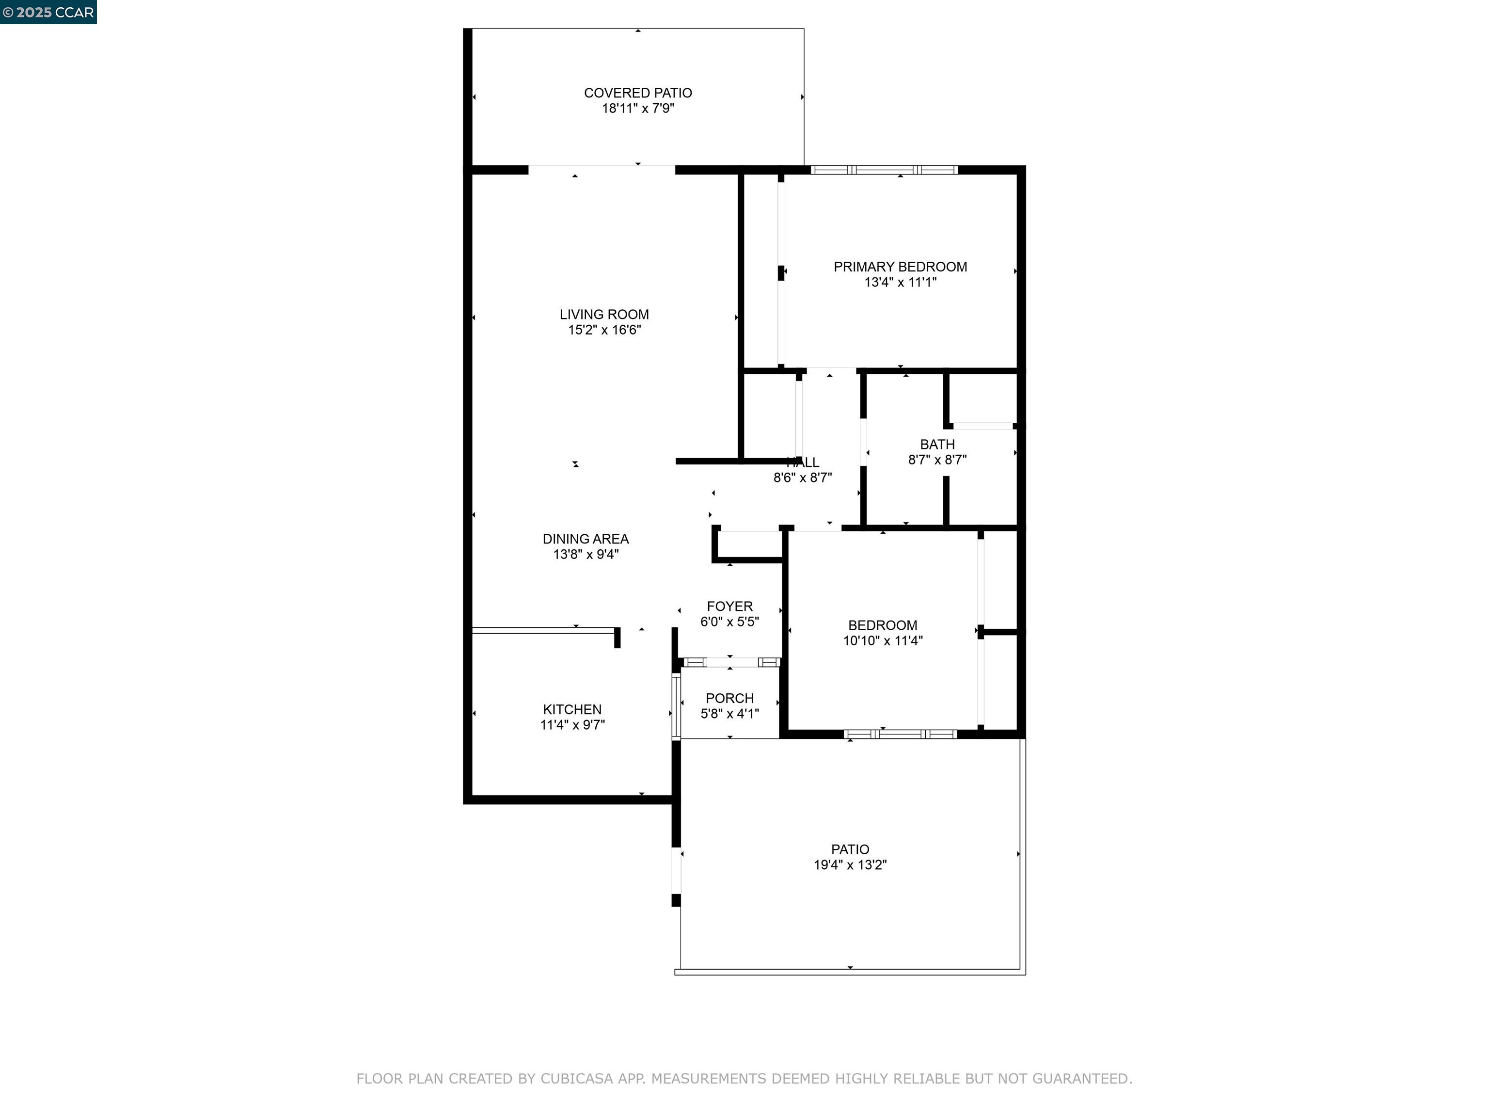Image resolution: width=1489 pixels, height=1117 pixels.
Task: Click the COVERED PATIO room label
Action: (637, 93)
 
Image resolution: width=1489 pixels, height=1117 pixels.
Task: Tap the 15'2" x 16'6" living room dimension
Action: (604, 330)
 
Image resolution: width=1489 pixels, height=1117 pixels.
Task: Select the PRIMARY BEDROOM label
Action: (900, 267)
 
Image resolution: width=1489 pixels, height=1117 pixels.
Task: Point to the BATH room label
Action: (937, 445)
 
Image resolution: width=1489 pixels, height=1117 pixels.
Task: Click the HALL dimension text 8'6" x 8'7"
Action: (802, 478)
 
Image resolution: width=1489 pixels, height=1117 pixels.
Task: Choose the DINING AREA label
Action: (586, 539)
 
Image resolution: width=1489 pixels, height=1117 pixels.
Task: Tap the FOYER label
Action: (729, 606)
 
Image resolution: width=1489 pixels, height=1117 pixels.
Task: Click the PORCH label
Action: (729, 698)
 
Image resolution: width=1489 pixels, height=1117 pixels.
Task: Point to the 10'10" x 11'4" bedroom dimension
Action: (883, 641)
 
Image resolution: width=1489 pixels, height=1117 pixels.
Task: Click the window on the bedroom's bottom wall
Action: (901, 734)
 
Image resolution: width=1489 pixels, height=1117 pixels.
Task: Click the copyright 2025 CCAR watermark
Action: (48, 12)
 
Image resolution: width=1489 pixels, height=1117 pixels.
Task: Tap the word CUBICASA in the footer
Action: (576, 1079)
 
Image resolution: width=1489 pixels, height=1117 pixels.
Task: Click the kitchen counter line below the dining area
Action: (542, 630)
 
